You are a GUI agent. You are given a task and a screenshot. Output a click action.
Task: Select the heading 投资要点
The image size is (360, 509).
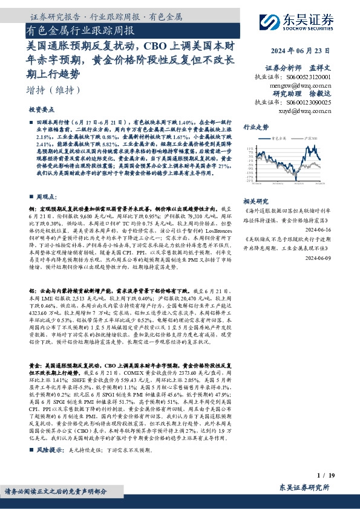(42, 111)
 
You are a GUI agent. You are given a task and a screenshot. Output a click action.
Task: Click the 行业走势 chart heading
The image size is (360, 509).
(255, 128)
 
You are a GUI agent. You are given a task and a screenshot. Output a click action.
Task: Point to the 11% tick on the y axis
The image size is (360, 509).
(250, 148)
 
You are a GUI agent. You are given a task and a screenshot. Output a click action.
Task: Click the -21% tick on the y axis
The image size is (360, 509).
(250, 181)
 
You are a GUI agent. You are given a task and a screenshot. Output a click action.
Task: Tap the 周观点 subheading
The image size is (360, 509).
(46, 196)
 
